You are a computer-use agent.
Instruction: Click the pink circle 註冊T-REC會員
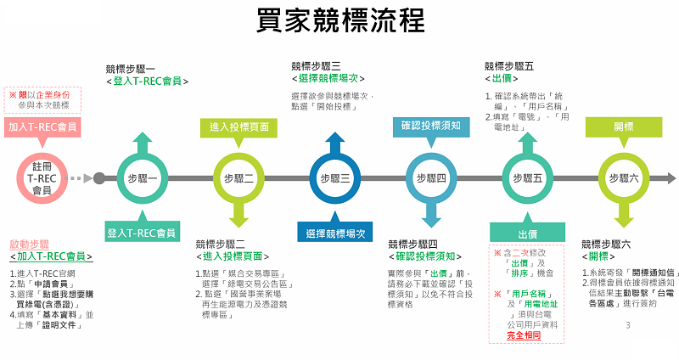(x=42, y=178)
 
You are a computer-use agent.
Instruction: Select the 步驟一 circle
(x=142, y=178)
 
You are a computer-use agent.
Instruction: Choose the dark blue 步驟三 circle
(x=335, y=178)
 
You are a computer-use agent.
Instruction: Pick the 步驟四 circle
(x=431, y=178)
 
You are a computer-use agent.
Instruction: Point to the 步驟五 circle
(x=527, y=178)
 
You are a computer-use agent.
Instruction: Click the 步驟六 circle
(x=624, y=178)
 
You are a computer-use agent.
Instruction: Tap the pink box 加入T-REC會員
(x=42, y=127)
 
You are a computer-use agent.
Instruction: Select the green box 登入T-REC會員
(x=142, y=232)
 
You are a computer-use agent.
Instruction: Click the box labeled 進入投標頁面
(x=239, y=127)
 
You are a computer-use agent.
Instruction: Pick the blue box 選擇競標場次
(x=336, y=232)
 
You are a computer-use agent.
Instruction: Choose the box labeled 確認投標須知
(x=431, y=127)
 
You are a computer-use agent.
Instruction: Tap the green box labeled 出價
(x=527, y=232)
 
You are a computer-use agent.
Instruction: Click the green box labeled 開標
(x=624, y=127)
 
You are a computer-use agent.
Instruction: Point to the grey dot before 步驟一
(x=99, y=178)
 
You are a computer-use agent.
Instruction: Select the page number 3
(x=627, y=325)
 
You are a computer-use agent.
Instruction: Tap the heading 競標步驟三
(x=316, y=65)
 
